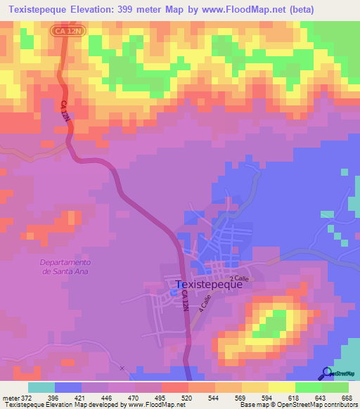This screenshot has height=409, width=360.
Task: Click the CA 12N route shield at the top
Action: (x=66, y=32)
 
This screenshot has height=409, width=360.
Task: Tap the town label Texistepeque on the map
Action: (x=208, y=285)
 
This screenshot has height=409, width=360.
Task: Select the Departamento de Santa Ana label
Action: (x=63, y=266)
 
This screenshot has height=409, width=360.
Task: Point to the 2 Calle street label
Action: (x=240, y=278)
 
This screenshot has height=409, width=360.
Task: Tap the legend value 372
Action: (x=25, y=397)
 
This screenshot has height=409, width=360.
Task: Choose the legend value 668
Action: (x=345, y=397)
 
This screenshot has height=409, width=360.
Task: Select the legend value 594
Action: (x=266, y=397)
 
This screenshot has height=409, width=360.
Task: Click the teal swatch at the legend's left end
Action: (x=41, y=387)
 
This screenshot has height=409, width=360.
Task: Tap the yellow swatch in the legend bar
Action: (x=281, y=387)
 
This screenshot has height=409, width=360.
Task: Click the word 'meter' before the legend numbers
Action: (x=9, y=397)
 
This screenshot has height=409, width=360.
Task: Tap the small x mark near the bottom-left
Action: (x=122, y=368)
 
